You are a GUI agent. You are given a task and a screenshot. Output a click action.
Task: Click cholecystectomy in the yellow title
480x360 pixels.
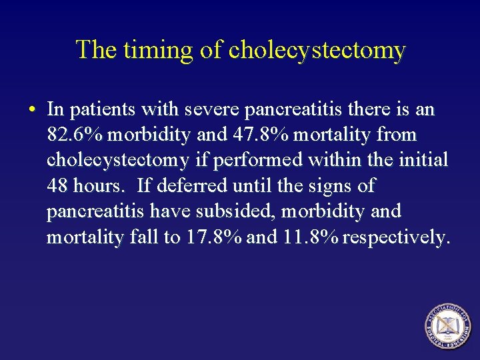(x=317, y=51)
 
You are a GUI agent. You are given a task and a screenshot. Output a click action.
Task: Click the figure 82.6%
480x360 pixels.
(x=75, y=135)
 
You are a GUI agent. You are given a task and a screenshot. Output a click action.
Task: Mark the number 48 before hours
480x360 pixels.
(x=57, y=185)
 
